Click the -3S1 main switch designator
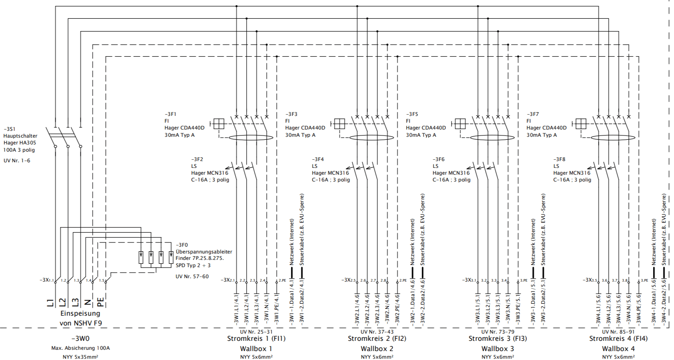10,129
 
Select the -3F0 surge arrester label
182,245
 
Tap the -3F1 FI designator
170,114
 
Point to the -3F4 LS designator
318,159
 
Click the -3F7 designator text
533,114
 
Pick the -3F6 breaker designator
438,159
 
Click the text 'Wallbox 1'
256,348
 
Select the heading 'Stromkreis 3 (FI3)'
498,339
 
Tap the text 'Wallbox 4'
618,348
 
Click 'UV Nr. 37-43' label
377,331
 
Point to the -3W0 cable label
80,339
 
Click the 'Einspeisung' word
80,314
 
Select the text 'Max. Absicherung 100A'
81,348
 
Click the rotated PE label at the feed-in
101,302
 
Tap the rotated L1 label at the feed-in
50,302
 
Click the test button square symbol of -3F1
219,124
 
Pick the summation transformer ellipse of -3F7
613,138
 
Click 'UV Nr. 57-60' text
192,276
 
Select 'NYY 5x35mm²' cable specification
80,357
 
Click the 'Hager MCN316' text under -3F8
572,173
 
